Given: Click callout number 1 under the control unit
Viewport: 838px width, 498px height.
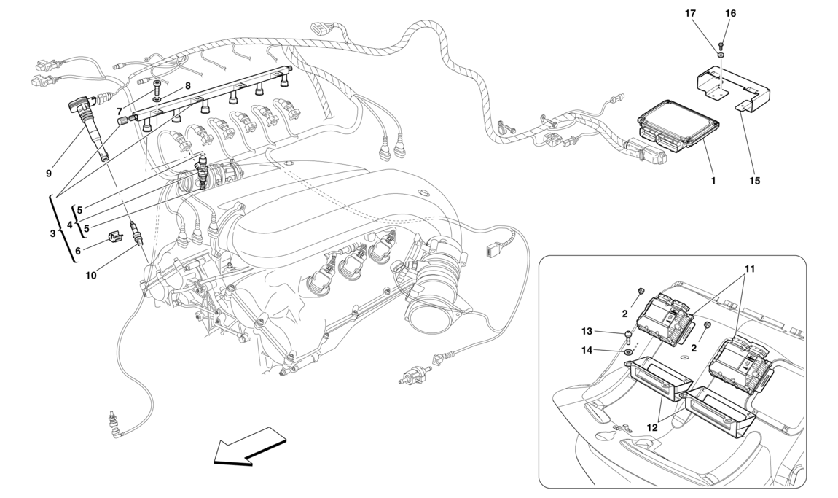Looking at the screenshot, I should click(713, 179).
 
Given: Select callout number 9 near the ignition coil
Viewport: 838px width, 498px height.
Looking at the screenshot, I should click(49, 174).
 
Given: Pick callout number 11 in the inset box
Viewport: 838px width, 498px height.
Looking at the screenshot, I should click(750, 269).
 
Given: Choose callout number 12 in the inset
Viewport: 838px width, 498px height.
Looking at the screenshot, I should click(652, 428).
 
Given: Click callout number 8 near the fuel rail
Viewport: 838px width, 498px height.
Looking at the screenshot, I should click(187, 86).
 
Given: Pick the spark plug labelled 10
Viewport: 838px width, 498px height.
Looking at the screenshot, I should click(133, 234).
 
